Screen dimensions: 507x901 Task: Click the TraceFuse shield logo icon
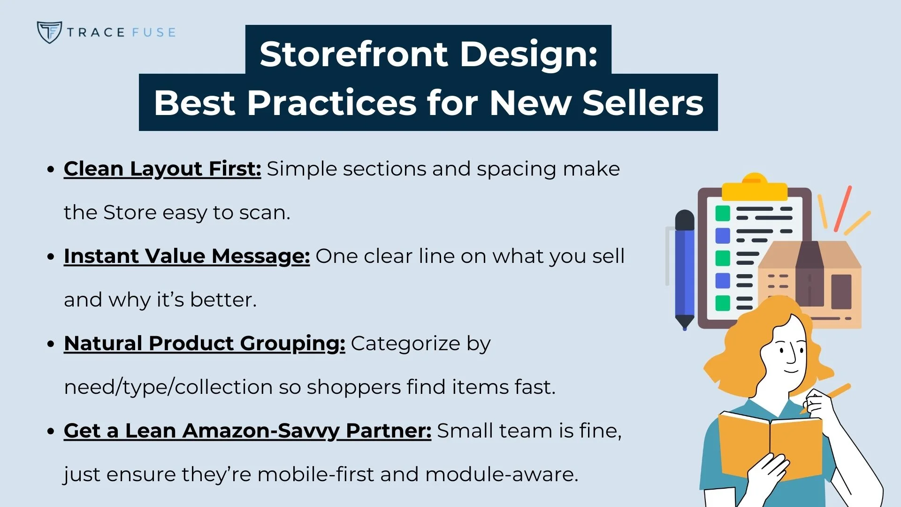(x=49, y=32)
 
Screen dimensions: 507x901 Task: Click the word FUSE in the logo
(x=153, y=32)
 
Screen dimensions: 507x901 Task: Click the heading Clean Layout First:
(x=162, y=169)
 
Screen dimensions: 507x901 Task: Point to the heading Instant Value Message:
(x=187, y=256)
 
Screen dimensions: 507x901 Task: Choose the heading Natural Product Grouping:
(x=205, y=343)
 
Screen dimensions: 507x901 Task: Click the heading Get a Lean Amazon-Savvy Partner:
(x=247, y=430)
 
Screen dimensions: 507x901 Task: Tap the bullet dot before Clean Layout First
(x=51, y=169)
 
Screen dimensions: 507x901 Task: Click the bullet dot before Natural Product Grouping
(x=51, y=344)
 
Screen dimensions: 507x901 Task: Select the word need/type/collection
(x=168, y=387)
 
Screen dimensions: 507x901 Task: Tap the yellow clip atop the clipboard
(x=754, y=188)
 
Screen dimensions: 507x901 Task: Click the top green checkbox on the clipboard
(x=723, y=213)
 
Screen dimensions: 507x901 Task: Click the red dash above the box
(x=843, y=208)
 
